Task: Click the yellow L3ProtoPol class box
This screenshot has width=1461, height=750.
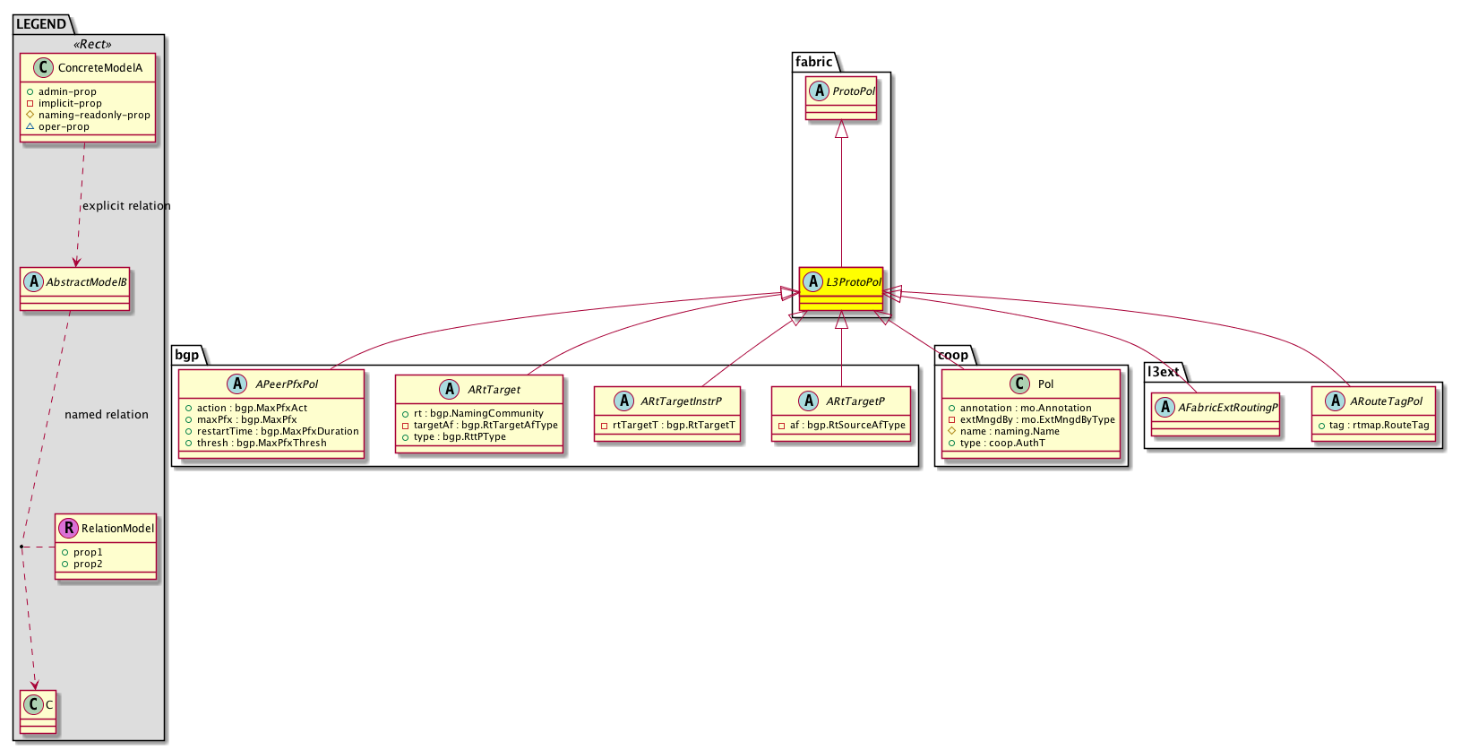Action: (841, 289)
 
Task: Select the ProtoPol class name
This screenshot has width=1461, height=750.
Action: (854, 91)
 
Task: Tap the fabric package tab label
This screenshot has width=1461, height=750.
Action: (813, 62)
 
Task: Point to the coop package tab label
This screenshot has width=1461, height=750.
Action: (953, 355)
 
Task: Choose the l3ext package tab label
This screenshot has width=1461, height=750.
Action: (1163, 372)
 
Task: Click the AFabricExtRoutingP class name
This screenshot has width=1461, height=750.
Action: (1227, 408)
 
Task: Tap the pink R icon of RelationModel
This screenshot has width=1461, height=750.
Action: (68, 529)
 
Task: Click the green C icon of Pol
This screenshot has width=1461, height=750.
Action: (1019, 384)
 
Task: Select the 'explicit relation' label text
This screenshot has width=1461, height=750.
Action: (126, 205)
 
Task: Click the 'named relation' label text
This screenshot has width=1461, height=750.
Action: (107, 414)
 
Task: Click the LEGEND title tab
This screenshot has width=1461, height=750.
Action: (41, 24)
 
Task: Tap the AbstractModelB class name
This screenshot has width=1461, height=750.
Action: (86, 282)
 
